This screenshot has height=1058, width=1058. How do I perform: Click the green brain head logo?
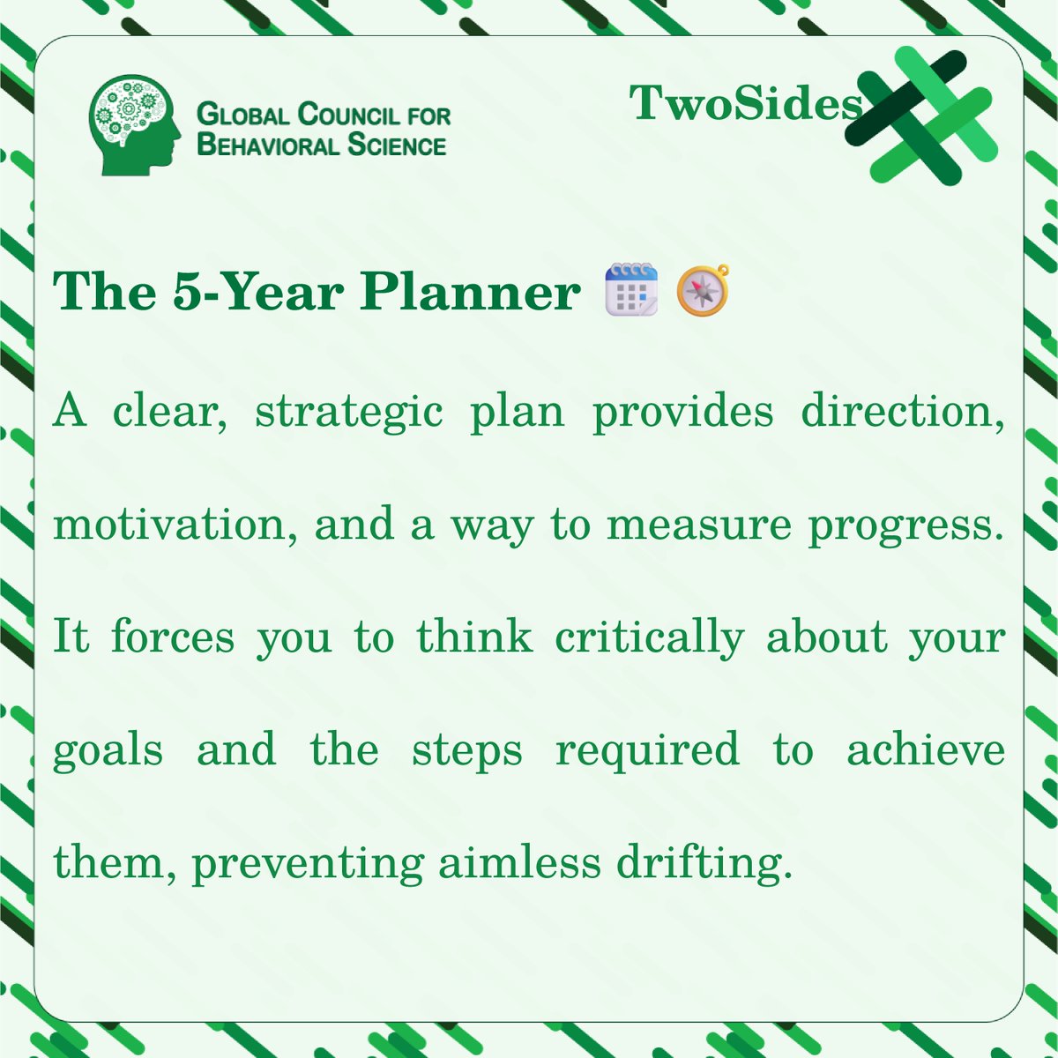click(x=135, y=123)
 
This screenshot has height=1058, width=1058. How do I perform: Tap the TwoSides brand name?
click(x=746, y=104)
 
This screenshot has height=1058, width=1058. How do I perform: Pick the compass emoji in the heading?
click(x=703, y=290)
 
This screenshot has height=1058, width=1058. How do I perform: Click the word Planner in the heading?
click(x=470, y=291)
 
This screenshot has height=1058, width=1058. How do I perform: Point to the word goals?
click(x=108, y=752)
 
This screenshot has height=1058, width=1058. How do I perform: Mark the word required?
click(x=647, y=752)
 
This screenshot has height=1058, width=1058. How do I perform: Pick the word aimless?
click(x=519, y=862)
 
